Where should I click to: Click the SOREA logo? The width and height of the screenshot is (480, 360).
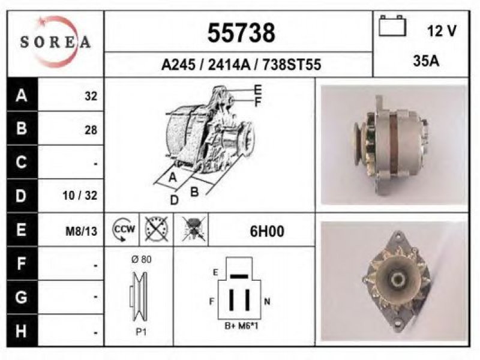click(x=55, y=41)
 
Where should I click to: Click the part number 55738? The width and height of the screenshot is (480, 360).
click(x=241, y=33)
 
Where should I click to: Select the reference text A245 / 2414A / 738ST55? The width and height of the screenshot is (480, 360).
click(x=241, y=65)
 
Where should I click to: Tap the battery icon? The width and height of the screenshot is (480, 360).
click(x=392, y=26)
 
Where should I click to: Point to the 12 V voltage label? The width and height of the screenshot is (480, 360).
click(x=442, y=31)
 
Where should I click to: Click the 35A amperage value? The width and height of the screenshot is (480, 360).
click(x=426, y=61)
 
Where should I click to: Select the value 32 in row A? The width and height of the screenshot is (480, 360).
click(x=91, y=96)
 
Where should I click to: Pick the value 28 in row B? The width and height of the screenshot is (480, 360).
click(x=91, y=130)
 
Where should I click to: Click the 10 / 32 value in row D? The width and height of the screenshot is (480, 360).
click(x=80, y=195)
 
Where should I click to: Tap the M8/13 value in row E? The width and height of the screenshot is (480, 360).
click(x=82, y=232)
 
